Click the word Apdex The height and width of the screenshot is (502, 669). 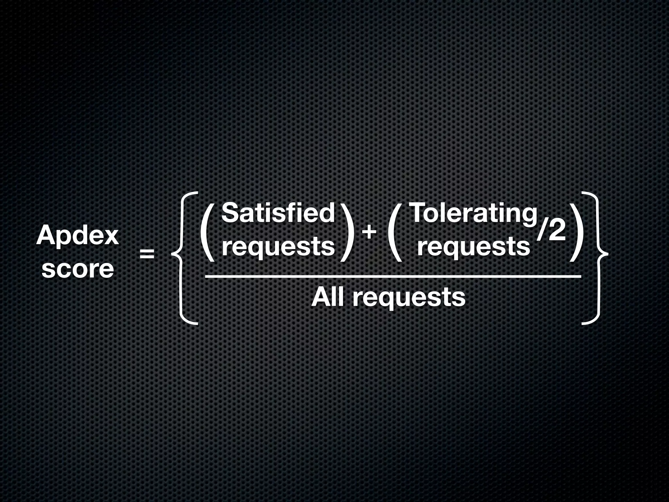[x=77, y=236]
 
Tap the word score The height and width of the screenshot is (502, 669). [x=78, y=269]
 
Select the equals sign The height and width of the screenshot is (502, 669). [x=147, y=254]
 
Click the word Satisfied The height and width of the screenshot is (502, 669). [x=278, y=213]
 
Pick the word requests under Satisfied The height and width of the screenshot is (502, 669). [x=278, y=247]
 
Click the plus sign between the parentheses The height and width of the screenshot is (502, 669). [x=369, y=233]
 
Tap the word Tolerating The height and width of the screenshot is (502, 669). [x=473, y=213]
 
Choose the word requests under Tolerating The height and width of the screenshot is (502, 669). [x=473, y=247]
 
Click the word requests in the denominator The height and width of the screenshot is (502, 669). [x=408, y=298]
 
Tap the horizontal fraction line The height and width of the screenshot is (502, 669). [x=392, y=276]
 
